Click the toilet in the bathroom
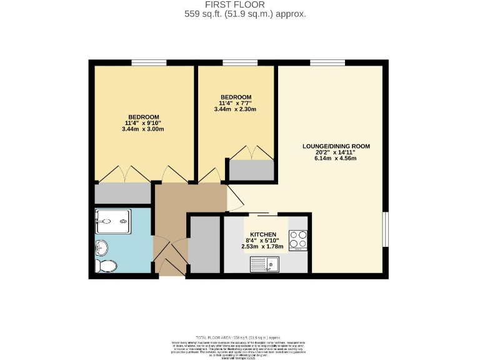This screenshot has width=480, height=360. tap(106, 266)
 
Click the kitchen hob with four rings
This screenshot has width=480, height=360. tap(297, 240)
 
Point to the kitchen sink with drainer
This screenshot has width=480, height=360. tap(264, 266)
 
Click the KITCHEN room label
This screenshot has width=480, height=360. tap(263, 234)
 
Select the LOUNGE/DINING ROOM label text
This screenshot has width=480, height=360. tap(336, 146)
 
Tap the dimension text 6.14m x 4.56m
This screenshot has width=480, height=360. tap(336, 158)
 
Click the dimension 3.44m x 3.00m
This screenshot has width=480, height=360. tap(144, 129)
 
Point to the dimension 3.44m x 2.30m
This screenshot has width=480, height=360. tap(235, 109)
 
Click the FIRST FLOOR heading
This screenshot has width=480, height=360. tap(244, 4)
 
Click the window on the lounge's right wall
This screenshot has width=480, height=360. tap(386, 229)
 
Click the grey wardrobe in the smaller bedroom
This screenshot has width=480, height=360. tap(251, 169)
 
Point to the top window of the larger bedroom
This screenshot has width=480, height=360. tap(149, 62)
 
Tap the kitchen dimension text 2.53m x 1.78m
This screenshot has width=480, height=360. tap(262, 246)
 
